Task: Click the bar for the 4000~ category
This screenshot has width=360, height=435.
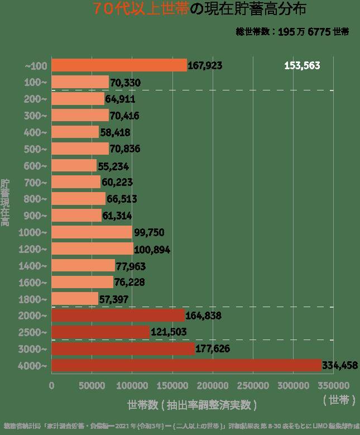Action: click(x=186, y=365)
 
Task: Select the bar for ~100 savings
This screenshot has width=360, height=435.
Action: click(x=119, y=65)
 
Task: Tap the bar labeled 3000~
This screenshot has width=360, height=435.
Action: click(x=123, y=349)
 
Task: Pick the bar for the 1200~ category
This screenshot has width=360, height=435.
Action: click(x=92, y=249)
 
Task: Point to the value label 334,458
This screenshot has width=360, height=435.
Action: click(x=340, y=366)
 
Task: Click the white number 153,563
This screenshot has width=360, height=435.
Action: click(x=302, y=65)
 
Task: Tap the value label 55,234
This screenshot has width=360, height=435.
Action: click(x=114, y=166)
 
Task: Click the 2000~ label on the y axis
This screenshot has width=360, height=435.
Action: click(x=36, y=316)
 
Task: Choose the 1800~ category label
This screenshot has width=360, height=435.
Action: click(x=36, y=299)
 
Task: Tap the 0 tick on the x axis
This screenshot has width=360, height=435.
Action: click(x=51, y=385)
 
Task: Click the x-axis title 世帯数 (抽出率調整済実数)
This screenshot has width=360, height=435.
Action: click(x=192, y=404)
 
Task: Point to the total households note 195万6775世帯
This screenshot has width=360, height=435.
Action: click(x=292, y=32)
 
